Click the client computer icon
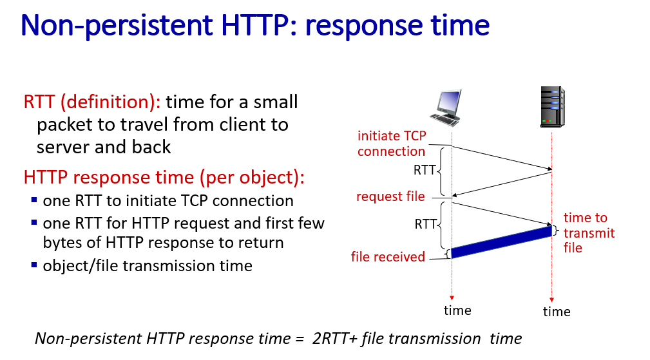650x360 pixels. click(446, 108)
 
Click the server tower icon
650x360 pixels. click(552, 106)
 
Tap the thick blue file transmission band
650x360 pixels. click(502, 242)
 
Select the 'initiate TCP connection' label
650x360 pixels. click(392, 144)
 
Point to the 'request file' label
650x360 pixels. click(390, 196)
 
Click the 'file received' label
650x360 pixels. click(388, 257)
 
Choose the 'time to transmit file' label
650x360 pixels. click(589, 233)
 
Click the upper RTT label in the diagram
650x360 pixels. click(425, 170)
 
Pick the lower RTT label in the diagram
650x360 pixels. click(426, 224)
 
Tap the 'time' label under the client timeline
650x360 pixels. click(457, 310)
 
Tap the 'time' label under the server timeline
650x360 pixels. click(557, 312)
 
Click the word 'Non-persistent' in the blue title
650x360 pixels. click(117, 26)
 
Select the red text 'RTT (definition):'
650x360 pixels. click(92, 102)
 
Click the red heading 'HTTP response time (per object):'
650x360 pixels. click(164, 177)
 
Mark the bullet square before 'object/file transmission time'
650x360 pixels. click(34, 264)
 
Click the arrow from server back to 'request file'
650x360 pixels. click(502, 184)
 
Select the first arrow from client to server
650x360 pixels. click(502, 158)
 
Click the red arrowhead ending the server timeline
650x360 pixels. click(551, 299)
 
